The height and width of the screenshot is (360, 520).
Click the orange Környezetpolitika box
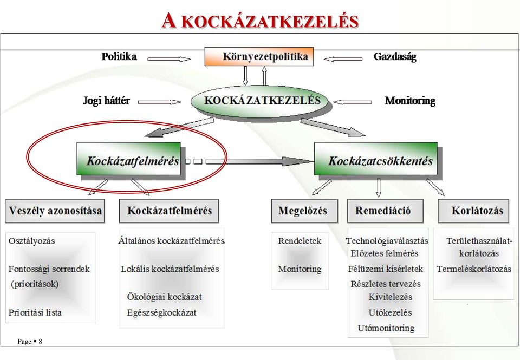coord(259,56)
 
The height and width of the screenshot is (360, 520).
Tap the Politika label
coord(119,56)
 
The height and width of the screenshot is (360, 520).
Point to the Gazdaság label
coord(395,57)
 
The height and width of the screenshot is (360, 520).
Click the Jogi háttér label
coord(106,101)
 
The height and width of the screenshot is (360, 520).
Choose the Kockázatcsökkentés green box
coord(376,159)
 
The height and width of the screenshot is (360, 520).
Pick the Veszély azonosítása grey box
coord(55,211)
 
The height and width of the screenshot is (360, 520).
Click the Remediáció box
coord(385,211)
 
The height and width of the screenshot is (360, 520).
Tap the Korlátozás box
coord(473,211)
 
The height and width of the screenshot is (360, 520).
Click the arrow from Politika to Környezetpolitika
coord(169,59)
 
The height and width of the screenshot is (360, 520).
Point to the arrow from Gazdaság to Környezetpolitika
coord(343,59)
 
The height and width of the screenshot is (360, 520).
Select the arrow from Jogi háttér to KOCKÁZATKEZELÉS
coord(159,102)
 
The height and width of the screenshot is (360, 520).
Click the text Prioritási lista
coord(35,312)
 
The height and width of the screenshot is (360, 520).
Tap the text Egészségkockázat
coord(161,312)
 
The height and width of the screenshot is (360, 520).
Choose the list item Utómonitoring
coord(386,328)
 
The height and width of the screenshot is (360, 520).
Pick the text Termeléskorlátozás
coord(474,269)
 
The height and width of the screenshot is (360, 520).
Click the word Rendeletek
coord(300,241)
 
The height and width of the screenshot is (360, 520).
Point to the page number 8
coord(41,342)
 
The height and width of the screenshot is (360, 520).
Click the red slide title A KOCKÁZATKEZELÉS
coord(260,21)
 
